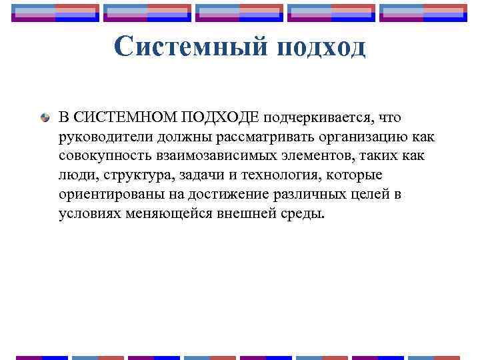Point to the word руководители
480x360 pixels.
click(98, 137)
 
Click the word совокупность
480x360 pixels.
click(98, 156)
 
